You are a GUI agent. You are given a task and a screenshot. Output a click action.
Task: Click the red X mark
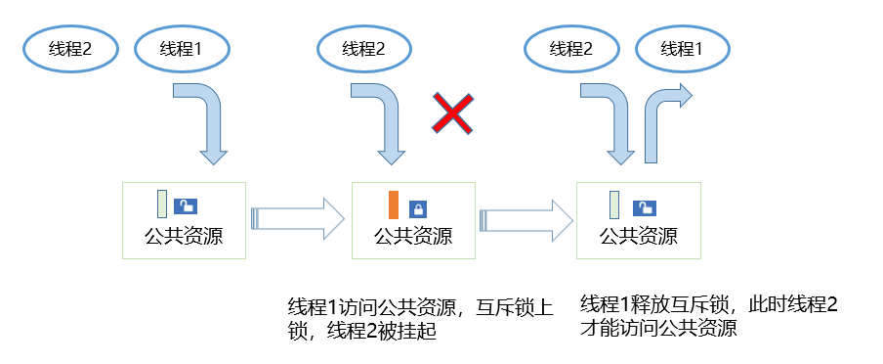(453, 114)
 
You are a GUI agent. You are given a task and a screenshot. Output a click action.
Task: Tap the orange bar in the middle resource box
(393, 205)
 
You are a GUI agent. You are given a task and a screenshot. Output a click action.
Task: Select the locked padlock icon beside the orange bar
(417, 207)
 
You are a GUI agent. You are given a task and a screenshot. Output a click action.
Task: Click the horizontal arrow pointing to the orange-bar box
(298, 218)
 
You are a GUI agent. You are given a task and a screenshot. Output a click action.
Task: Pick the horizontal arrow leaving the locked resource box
(526, 218)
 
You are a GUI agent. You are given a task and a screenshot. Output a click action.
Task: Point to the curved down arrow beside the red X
(384, 122)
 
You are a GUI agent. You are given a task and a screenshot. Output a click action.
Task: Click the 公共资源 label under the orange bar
(412, 236)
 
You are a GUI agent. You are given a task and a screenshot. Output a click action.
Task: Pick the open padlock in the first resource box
(185, 205)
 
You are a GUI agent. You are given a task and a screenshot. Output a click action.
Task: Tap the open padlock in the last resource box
(644, 206)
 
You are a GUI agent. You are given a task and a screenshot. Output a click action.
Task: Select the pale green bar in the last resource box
(615, 205)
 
